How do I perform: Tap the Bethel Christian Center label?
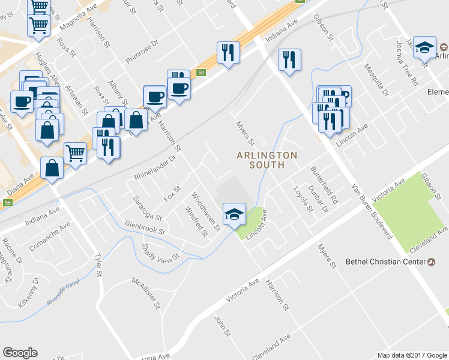click(x=385, y=262)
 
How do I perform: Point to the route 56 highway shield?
click(x=7, y=203)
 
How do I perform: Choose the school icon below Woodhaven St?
click(x=234, y=212)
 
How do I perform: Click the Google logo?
click(x=20, y=353)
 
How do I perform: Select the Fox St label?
click(x=172, y=194)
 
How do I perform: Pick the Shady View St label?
click(x=160, y=251)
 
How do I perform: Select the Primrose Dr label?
click(x=141, y=52)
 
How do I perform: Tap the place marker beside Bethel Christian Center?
click(x=431, y=262)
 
